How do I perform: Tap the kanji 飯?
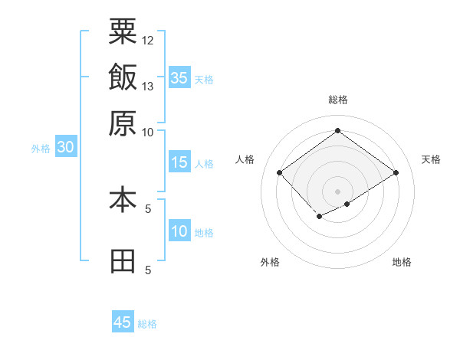click(x=123, y=77)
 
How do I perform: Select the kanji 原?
click(x=123, y=123)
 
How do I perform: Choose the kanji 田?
click(x=123, y=261)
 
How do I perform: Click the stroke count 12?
click(x=148, y=40)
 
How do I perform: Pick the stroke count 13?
click(x=148, y=86)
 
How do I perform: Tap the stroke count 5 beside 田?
click(x=148, y=270)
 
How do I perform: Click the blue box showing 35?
click(x=179, y=77)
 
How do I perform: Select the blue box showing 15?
click(x=179, y=162)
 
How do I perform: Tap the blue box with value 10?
click(x=179, y=231)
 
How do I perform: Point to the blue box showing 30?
click(x=65, y=148)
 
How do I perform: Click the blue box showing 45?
click(x=123, y=322)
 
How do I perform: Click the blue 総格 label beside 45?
click(x=147, y=324)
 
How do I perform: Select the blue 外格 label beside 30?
click(x=41, y=149)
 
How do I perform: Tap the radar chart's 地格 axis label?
click(x=402, y=262)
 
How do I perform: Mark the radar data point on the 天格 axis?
click(x=396, y=172)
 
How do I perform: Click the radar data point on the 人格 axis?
click(x=279, y=172)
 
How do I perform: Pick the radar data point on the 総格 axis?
click(x=337, y=130)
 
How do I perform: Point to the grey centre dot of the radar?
click(x=337, y=191)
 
